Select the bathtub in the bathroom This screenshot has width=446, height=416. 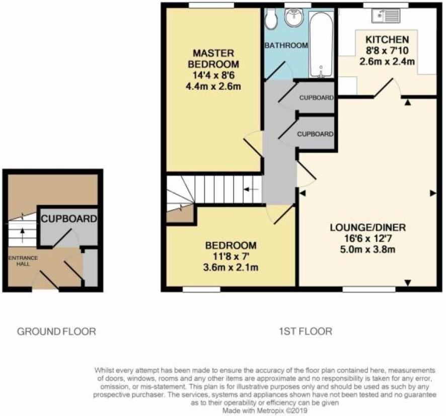[x=322, y=44]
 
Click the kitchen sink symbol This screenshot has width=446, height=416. [x=386, y=16]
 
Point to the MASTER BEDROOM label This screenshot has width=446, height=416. [x=213, y=58]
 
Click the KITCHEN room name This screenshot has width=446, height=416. [x=387, y=40]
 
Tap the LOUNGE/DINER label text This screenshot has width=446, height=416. [x=368, y=227]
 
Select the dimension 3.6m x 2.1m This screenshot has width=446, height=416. [x=231, y=268]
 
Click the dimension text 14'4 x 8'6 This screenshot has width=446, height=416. [x=213, y=75]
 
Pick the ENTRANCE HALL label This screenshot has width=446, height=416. [x=23, y=261]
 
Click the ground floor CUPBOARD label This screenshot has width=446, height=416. [x=69, y=219]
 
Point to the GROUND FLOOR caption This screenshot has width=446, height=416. [x=56, y=331]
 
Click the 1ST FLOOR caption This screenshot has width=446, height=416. [x=306, y=331]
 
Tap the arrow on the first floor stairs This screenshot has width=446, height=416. [x=252, y=189]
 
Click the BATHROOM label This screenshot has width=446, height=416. [x=286, y=45]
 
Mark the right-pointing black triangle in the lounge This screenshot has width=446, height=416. [x=433, y=193]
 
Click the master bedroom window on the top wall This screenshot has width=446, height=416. [x=211, y=5]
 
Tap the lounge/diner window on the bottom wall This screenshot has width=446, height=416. [x=369, y=289]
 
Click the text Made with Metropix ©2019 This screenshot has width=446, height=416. [x=265, y=410]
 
